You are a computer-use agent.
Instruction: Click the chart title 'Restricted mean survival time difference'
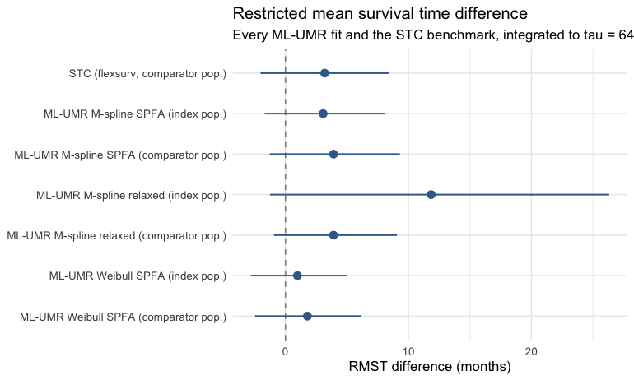380,14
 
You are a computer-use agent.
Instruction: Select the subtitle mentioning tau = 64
433,35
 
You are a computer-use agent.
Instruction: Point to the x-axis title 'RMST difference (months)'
430,366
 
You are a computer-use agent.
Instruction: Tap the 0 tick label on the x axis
286,352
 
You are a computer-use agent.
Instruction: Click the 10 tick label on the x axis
408,352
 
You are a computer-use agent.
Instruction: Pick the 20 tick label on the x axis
531,352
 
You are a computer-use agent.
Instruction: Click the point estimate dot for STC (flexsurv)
324,73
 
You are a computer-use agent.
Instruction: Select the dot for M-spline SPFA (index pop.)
323,114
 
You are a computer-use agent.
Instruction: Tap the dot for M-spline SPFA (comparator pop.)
333,154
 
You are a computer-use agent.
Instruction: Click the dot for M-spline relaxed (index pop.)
431,195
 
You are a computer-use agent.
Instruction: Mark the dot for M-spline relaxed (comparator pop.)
333,235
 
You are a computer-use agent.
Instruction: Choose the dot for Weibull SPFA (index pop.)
297,276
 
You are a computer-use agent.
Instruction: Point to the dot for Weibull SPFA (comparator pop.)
307,316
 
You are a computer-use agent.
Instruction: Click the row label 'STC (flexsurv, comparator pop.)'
147,74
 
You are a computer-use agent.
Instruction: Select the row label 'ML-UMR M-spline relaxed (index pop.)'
132,196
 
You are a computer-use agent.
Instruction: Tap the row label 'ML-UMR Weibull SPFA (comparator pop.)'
123,317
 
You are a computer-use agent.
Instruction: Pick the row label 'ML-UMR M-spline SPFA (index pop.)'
135,114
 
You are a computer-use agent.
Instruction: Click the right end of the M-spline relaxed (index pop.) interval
609,195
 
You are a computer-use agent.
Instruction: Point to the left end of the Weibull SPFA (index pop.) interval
250,276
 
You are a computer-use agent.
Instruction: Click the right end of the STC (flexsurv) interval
389,73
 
